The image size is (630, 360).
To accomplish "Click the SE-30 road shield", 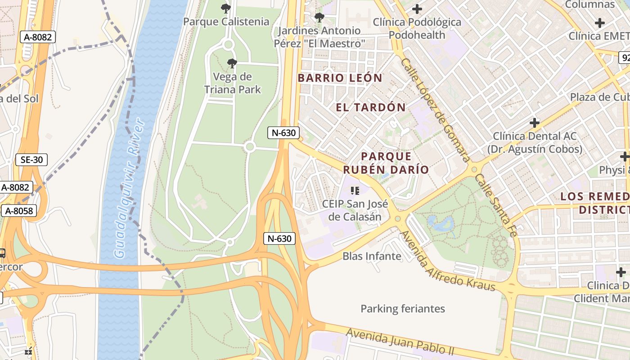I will [x=31, y=159].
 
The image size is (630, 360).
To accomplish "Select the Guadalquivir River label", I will [x=130, y=188].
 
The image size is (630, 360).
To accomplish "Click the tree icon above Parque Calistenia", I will [x=226, y=8].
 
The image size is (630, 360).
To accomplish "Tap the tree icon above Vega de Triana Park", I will [x=232, y=63].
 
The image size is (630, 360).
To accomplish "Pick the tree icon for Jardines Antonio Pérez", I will [x=319, y=18].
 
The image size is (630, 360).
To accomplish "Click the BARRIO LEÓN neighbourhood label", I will [x=340, y=78].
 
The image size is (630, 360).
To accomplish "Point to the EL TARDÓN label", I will [x=371, y=107].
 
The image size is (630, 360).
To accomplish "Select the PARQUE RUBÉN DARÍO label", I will [x=386, y=163].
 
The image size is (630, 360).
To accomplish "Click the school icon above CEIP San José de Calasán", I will [x=355, y=191].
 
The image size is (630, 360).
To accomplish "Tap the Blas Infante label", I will [x=372, y=256].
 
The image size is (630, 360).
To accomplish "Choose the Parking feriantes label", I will [x=403, y=309].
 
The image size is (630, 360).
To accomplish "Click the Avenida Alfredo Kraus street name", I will [x=447, y=261].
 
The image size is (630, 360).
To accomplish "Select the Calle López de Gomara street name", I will [x=435, y=110].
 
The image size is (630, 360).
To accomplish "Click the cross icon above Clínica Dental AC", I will [x=534, y=122].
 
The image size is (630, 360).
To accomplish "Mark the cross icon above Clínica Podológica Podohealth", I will [x=417, y=9].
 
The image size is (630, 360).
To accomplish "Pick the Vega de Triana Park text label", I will [x=232, y=83].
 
